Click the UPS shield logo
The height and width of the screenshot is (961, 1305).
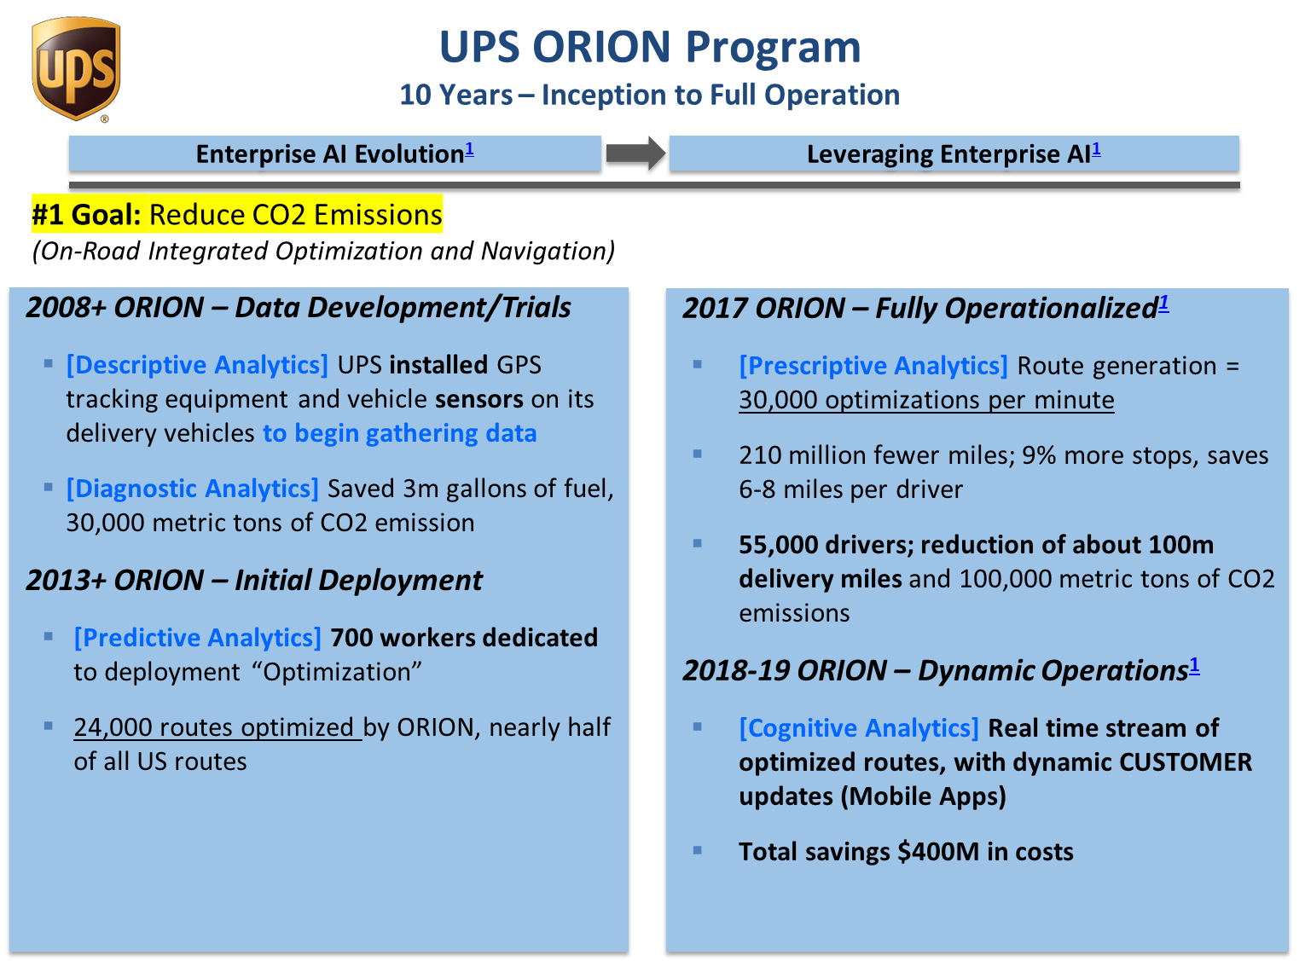76,69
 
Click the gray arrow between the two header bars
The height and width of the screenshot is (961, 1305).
635,153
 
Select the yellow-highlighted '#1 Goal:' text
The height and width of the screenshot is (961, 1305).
87,214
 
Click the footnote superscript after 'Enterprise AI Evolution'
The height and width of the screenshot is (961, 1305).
470,149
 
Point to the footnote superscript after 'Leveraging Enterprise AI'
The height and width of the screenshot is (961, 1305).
1096,149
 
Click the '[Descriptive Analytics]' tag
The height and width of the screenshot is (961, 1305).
198,365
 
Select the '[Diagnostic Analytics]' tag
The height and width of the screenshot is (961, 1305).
192,489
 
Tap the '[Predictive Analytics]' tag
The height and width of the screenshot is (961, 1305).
198,638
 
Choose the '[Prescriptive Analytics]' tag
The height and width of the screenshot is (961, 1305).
873,366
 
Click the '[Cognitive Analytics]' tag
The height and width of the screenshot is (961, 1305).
859,728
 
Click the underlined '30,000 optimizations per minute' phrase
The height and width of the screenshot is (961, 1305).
926,400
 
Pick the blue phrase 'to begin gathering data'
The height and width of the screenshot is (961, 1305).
400,434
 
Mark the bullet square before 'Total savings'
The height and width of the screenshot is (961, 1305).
698,851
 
